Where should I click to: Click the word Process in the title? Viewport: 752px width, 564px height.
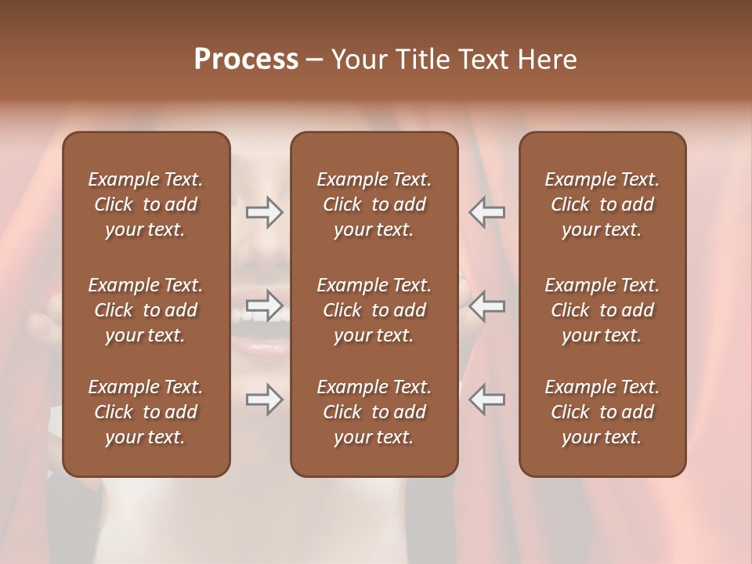click(x=246, y=60)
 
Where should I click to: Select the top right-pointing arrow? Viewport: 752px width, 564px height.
click(x=264, y=212)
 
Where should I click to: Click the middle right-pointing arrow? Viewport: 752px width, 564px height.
click(x=264, y=305)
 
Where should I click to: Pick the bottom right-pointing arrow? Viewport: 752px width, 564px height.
click(x=264, y=399)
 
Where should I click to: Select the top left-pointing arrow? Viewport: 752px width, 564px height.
click(x=486, y=212)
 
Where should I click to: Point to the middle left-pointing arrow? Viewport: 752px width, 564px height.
click(x=486, y=305)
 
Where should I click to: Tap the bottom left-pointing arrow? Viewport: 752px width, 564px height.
click(x=486, y=399)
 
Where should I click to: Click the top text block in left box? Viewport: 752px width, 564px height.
click(x=146, y=204)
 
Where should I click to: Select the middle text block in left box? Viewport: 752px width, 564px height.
click(x=146, y=310)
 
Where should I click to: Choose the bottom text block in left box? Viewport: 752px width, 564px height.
click(x=146, y=412)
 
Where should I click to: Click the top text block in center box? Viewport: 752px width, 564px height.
click(x=374, y=204)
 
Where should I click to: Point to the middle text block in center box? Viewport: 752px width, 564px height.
click(x=374, y=310)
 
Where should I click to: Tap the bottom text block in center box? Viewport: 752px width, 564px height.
click(x=374, y=412)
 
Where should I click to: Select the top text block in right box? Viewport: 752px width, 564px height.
click(x=602, y=204)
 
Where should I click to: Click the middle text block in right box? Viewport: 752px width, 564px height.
click(x=602, y=310)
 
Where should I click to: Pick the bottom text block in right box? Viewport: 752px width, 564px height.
click(x=602, y=412)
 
